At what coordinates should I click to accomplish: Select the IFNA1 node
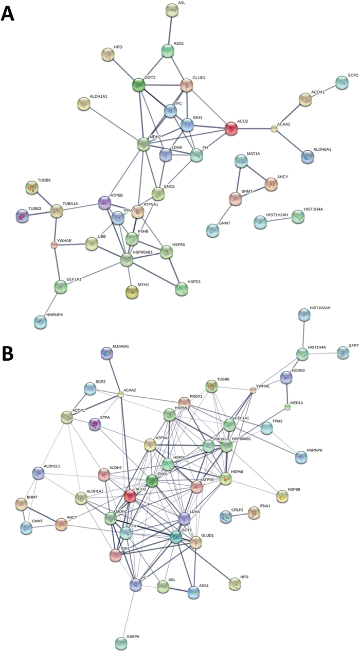coord(254,513)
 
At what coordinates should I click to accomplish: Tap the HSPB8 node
coord(282,497)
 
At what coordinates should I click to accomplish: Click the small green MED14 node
coord(288,408)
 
